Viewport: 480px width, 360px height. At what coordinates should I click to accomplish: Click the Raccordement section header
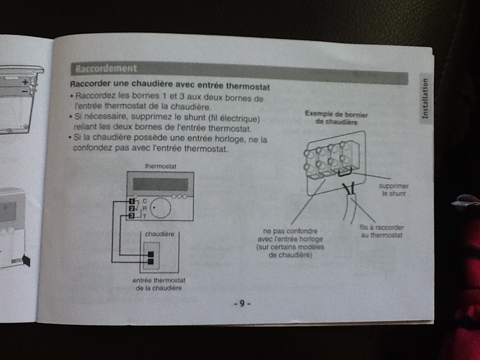click(x=103, y=68)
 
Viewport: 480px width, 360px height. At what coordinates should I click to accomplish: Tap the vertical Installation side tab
click(x=425, y=98)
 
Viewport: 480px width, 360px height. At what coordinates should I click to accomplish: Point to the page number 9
click(x=241, y=303)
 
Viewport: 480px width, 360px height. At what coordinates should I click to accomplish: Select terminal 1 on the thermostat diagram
click(x=131, y=201)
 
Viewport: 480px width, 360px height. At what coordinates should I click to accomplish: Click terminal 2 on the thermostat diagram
click(x=131, y=208)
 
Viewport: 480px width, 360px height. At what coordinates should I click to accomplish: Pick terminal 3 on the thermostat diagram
click(x=131, y=215)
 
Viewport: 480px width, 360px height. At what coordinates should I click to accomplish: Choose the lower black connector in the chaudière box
click(x=151, y=261)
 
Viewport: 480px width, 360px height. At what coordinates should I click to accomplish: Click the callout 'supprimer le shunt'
click(x=393, y=189)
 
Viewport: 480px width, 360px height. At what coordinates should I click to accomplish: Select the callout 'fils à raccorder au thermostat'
click(x=381, y=231)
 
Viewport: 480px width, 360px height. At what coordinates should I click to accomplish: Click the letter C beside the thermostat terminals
click(x=144, y=201)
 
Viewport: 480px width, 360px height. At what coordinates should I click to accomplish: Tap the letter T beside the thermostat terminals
click(x=144, y=216)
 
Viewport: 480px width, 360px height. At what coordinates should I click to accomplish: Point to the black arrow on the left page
click(x=26, y=260)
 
